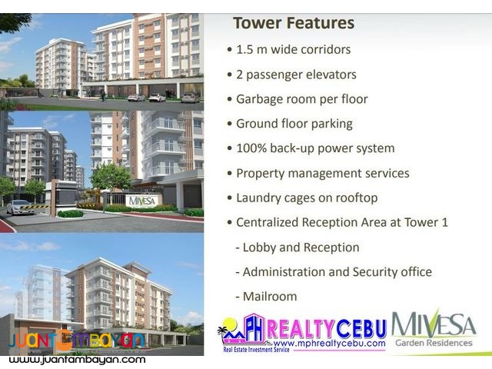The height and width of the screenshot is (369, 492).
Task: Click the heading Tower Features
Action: click(293, 23)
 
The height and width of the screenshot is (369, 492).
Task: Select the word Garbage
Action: click(261, 99)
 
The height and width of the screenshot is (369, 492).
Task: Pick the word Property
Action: click(262, 173)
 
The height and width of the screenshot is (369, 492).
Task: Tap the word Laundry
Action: click(259, 198)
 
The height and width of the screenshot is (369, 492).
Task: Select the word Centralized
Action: click(273, 223)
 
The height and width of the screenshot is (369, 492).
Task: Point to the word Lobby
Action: click(259, 248)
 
